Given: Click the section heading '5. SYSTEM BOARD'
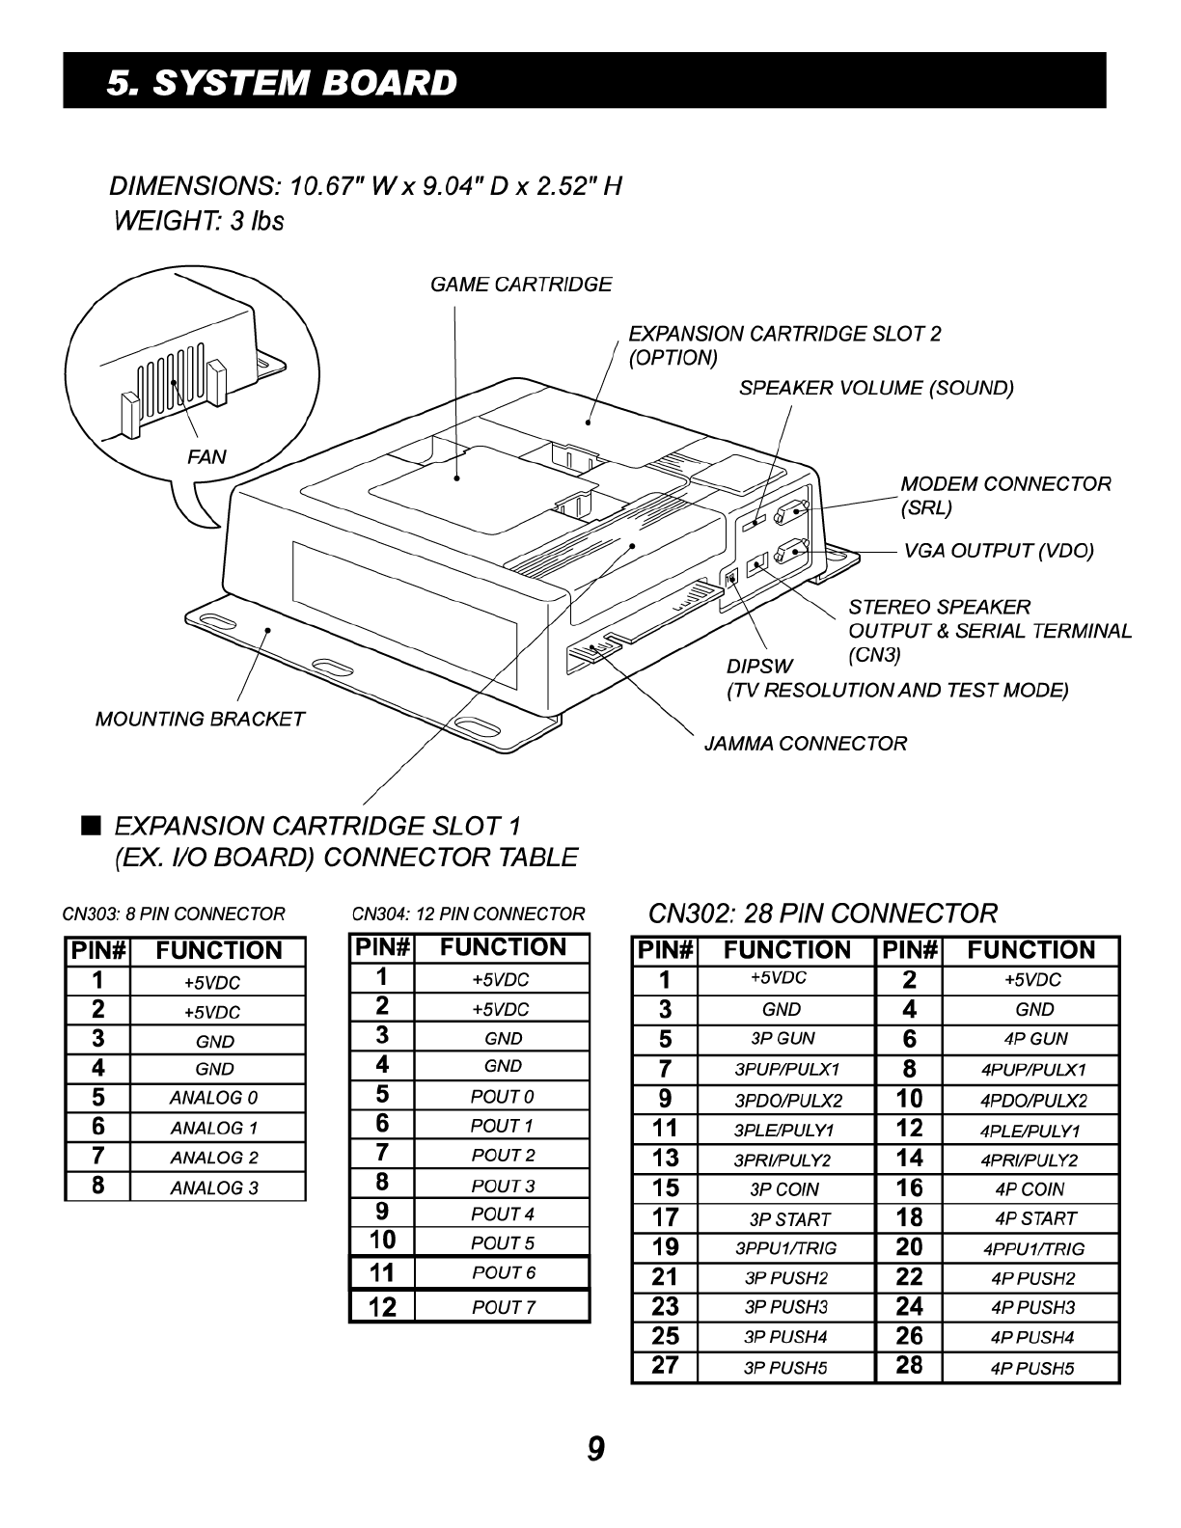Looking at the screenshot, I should (x=282, y=83).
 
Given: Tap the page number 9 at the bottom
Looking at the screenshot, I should (x=596, y=1448).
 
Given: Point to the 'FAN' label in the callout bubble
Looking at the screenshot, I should (x=206, y=457).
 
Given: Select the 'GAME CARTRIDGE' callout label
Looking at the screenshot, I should (x=521, y=285).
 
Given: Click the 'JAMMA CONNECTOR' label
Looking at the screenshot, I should (x=806, y=744).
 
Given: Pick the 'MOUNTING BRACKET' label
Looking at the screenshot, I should (x=200, y=720).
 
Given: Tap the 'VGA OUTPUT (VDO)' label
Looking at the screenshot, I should (x=999, y=551).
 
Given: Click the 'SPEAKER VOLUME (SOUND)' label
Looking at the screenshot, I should (x=876, y=389).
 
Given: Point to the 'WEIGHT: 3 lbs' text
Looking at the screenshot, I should (x=199, y=222).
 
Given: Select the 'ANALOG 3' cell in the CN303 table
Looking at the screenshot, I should (x=214, y=1188).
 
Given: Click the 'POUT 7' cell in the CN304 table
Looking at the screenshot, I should (x=503, y=1308).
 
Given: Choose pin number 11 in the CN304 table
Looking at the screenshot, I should (x=382, y=1273).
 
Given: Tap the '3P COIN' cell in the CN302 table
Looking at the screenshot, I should (x=783, y=1189).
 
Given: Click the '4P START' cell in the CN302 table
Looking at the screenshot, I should (x=1034, y=1219).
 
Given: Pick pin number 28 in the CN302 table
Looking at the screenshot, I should (x=909, y=1366).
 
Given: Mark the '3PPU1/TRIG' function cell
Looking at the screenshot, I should (x=785, y=1249).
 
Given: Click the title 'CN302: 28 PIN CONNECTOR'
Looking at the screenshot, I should (x=823, y=913).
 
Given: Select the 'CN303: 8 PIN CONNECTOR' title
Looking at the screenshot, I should (x=174, y=914).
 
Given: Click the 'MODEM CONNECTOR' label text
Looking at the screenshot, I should (x=1005, y=484).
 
